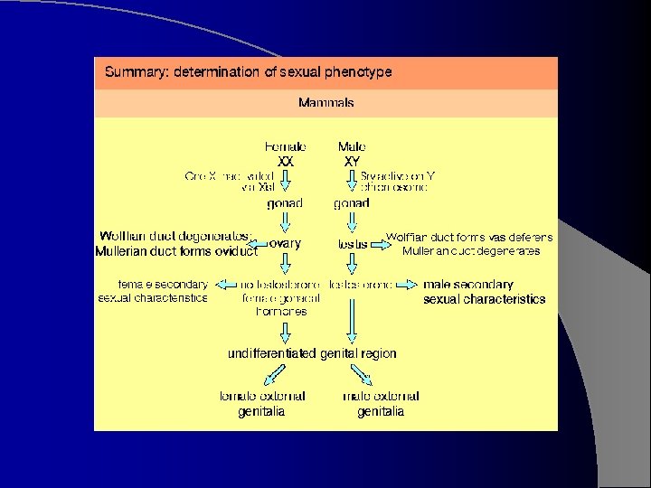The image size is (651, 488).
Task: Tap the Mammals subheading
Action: (326, 103)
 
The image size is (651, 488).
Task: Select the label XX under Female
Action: (286, 161)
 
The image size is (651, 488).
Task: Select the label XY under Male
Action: (352, 161)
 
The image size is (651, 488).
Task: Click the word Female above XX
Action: (286, 146)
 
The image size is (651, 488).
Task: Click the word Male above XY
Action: (352, 146)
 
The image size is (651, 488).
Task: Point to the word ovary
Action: (286, 244)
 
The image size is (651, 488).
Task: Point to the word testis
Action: (353, 244)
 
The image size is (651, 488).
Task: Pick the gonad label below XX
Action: (285, 203)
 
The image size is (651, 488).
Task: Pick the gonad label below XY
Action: (352, 203)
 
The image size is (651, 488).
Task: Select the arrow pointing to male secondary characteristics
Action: (409, 285)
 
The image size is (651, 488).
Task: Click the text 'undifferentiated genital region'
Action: (312, 353)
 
